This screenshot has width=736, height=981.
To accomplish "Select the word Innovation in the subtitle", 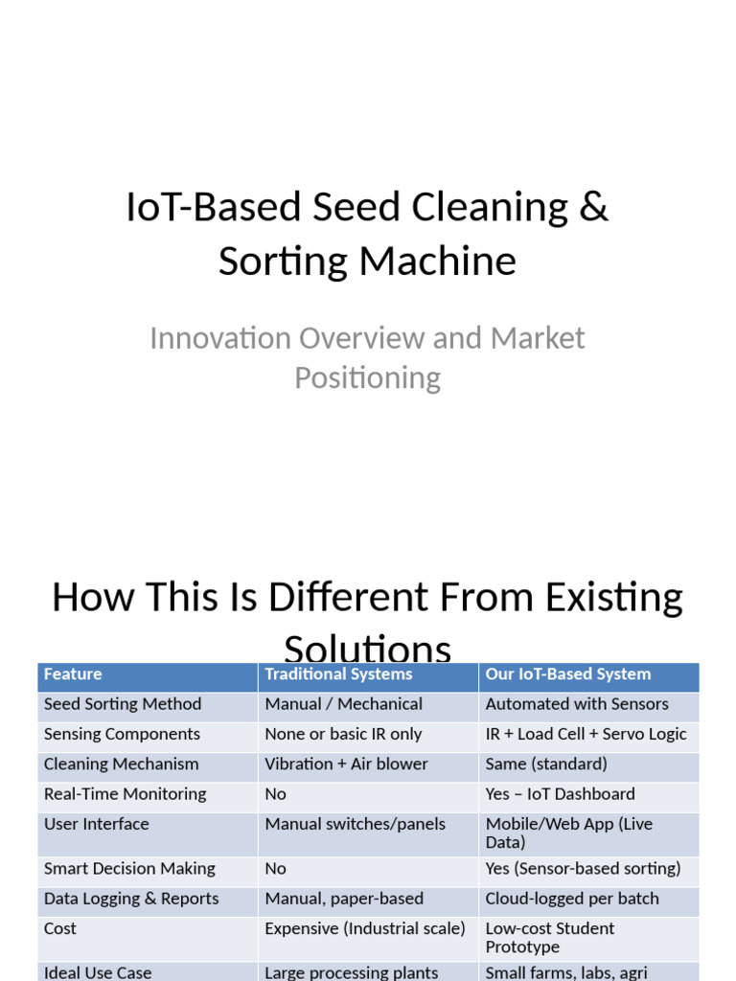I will pos(220,338).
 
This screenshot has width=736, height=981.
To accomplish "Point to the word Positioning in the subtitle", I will pos(367,377).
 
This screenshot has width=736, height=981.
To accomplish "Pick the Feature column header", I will pos(73,674).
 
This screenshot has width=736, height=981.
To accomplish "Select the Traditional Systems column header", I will pos(338,674).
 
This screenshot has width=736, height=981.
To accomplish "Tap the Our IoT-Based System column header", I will pos(567,674).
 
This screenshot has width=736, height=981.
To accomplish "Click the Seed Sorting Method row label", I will pos(123,704).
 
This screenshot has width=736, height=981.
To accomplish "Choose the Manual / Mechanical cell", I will pos(343,704).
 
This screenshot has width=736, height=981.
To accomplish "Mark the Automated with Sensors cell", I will pos(577,704).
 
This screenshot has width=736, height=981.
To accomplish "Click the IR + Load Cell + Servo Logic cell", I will pos(586,734).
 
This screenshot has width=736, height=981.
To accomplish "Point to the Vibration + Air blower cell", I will pos(346,764).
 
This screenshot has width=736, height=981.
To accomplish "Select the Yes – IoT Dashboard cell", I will pos(560,794).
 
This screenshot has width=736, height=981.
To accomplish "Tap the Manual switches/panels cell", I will pos(355,824).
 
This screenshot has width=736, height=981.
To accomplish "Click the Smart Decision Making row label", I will pos(129,869).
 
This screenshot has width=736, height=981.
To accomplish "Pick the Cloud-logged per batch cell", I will pos(572,899).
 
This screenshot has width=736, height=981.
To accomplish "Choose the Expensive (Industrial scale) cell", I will pos(364,928).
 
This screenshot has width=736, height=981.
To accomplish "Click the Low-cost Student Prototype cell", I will pos(550,937).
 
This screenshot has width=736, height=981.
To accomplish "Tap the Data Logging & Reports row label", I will pos(131,899).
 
